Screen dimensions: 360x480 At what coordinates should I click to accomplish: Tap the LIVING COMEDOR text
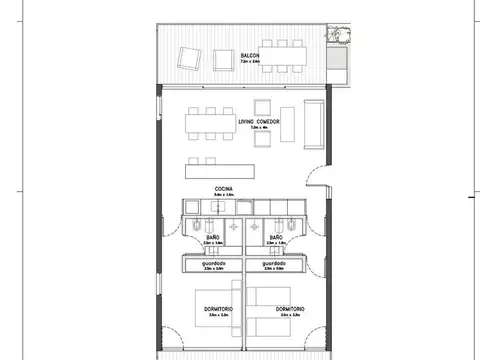click(x=258, y=121)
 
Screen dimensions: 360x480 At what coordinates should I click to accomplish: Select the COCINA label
click(x=224, y=188)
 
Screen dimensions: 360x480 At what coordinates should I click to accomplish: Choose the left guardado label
click(x=213, y=264)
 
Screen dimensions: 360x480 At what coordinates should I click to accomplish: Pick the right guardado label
click(x=275, y=264)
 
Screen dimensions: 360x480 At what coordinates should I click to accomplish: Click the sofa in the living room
click(x=313, y=122)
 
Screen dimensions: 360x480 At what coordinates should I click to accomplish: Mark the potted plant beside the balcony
click(x=340, y=35)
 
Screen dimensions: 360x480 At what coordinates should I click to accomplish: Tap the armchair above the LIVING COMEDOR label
click(x=261, y=106)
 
